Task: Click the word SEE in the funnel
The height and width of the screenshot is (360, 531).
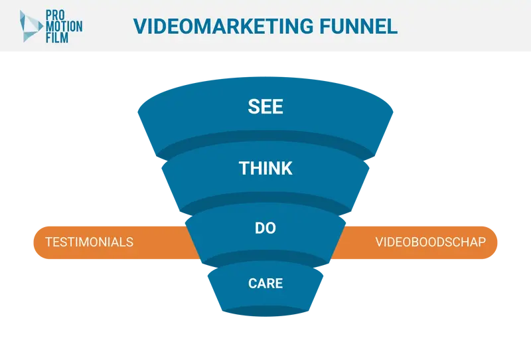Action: [x=265, y=106]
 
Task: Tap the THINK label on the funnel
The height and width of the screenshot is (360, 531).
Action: [x=265, y=168]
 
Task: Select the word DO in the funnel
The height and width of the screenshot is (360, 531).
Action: [x=265, y=228]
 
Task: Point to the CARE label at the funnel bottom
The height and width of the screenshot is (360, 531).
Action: [x=265, y=284]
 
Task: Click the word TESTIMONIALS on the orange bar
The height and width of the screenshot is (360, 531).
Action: [x=90, y=242]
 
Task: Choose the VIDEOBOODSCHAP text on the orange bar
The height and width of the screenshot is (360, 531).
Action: [x=430, y=242]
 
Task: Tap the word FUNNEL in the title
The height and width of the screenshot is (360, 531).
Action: [x=358, y=27]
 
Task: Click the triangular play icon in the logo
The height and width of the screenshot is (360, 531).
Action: [x=31, y=26]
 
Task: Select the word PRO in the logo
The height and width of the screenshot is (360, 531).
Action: [x=55, y=15]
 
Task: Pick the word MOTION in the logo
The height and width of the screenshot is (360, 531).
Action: [x=64, y=27]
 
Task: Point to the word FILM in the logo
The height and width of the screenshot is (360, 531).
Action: [x=57, y=37]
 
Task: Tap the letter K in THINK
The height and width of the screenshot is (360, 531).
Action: [x=287, y=168]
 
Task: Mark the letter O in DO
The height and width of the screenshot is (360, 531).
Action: [x=271, y=228]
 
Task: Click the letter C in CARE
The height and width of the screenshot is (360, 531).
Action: [x=253, y=284]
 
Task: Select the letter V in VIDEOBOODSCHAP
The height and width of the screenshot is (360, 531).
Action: [x=379, y=242]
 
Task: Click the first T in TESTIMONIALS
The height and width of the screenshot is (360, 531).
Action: [x=49, y=242]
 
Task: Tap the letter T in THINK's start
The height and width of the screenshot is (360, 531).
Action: [x=244, y=168]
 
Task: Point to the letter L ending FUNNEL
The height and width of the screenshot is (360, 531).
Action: [x=392, y=27]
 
